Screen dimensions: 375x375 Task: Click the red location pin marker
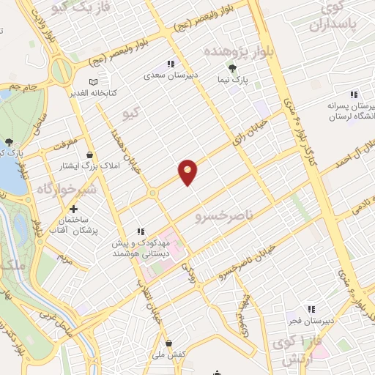(x=188, y=171)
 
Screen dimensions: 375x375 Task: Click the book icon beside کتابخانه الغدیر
(x=92, y=82)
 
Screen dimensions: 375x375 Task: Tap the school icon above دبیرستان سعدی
(x=171, y=64)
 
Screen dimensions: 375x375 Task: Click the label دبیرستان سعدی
(x=171, y=75)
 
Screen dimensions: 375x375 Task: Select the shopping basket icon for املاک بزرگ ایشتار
(x=90, y=155)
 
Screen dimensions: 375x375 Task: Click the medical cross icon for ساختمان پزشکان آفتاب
(x=73, y=209)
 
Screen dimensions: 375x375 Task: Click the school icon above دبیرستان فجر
(x=311, y=309)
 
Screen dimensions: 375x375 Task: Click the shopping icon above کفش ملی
(x=169, y=342)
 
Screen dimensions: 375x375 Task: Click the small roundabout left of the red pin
(x=152, y=193)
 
